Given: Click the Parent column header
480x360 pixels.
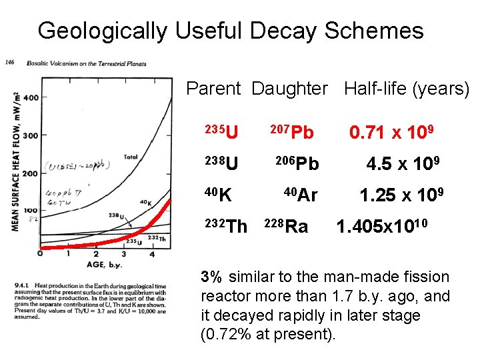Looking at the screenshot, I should click(x=213, y=89).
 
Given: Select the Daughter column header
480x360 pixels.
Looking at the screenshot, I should click(x=290, y=89).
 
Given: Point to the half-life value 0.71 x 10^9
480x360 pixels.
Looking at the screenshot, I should click(x=394, y=132).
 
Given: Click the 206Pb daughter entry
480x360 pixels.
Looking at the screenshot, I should click(x=297, y=163).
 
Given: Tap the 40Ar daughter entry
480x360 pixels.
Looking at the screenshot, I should click(x=300, y=195).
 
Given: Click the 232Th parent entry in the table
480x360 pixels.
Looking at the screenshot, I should click(x=227, y=227).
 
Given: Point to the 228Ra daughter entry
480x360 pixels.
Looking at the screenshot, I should click(x=287, y=227).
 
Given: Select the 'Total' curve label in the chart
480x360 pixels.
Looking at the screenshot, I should click(x=131, y=157).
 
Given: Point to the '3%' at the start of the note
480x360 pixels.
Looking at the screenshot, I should click(x=213, y=277).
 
